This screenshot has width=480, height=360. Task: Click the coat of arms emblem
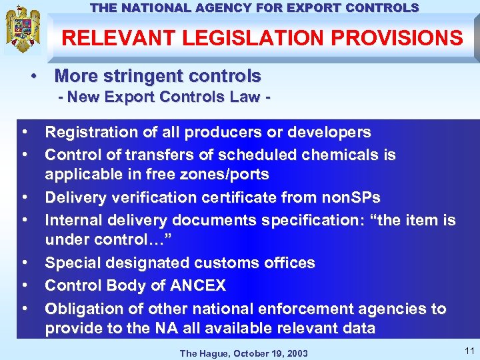23,30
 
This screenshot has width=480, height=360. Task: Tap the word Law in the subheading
243,97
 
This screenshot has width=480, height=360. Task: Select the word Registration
91,133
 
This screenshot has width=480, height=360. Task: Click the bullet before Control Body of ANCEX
24,286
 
